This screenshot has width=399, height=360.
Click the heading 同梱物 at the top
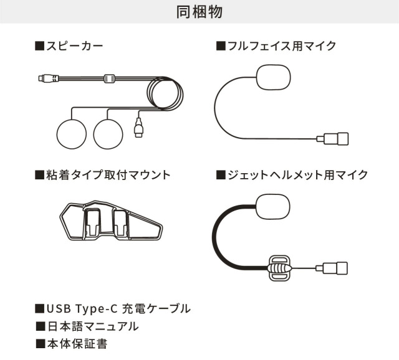(x=199, y=12)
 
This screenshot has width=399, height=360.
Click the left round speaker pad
(x=72, y=134)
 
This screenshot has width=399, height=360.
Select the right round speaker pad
(x=108, y=134)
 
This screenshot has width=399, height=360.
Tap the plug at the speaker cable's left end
(x=49, y=78)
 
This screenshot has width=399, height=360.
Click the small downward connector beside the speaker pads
(x=138, y=128)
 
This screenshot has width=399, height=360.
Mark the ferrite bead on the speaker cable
(x=110, y=78)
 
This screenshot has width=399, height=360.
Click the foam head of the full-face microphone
(x=274, y=77)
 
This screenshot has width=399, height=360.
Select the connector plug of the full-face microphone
(x=332, y=139)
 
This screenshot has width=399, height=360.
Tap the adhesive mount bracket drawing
(x=111, y=220)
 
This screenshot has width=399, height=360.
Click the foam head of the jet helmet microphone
(x=273, y=207)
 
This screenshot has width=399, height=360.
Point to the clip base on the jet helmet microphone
(x=280, y=268)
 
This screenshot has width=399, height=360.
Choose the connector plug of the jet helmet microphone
(x=332, y=268)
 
